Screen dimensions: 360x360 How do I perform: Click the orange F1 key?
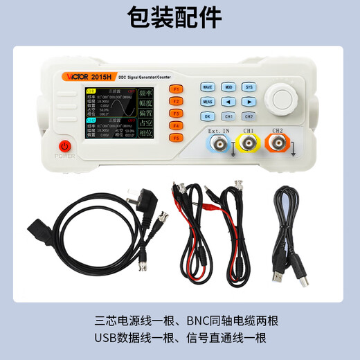(177, 89)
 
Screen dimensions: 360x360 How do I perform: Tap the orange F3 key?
(177, 113)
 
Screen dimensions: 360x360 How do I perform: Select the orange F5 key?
(177, 138)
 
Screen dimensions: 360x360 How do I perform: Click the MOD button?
(228, 88)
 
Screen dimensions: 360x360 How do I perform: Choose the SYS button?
(249, 88)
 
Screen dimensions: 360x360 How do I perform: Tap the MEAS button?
(207, 102)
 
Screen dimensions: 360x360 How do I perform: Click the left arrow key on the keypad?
(228, 102)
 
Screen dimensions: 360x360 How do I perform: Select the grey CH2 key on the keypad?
(249, 116)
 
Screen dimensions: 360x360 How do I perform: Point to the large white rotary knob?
(285, 98)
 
